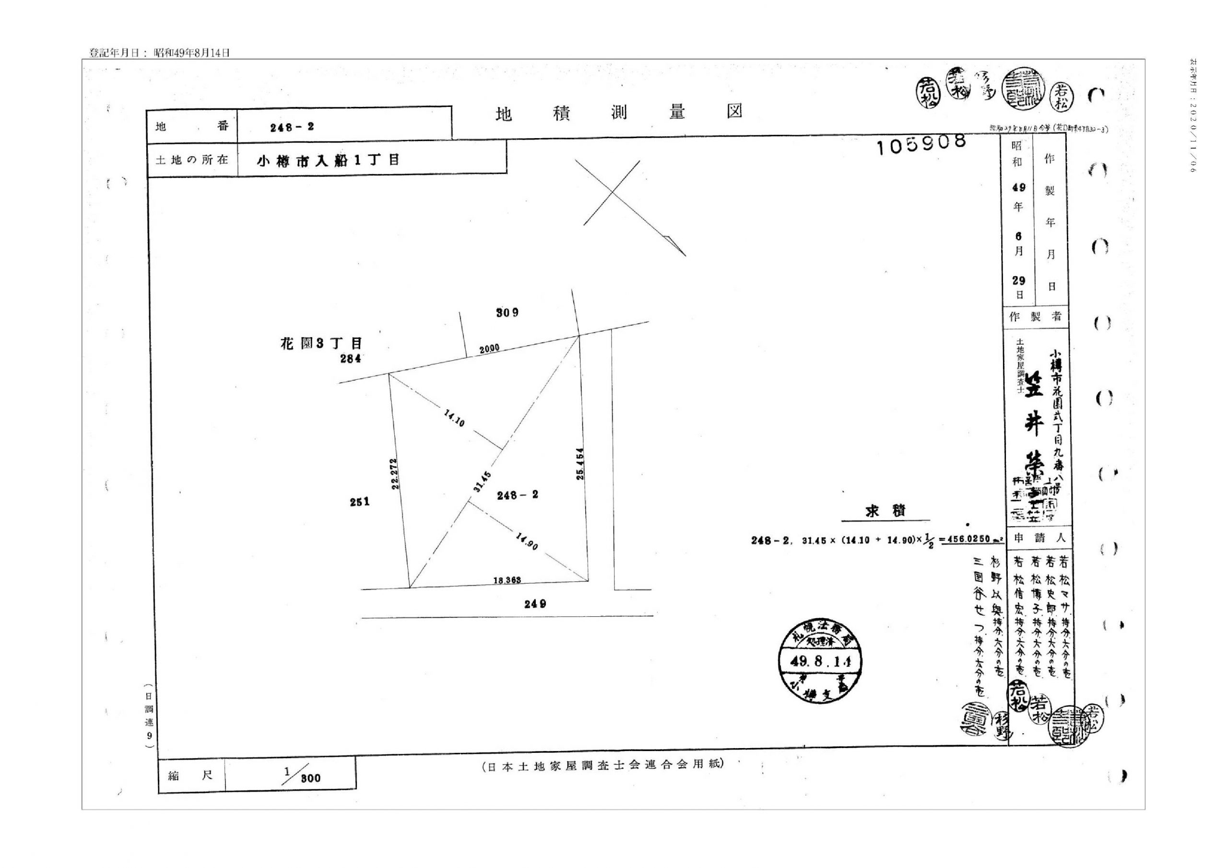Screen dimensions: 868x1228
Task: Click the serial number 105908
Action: tap(921, 143)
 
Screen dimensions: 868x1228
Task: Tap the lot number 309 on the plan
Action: tap(507, 312)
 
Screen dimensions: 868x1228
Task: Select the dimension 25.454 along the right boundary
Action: tap(580, 463)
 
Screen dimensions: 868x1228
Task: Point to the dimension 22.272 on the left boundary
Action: tap(395, 473)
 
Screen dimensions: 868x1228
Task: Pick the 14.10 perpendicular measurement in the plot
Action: tap(454, 417)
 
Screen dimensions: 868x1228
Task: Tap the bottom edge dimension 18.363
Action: tap(507, 580)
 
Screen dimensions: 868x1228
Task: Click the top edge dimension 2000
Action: tap(489, 349)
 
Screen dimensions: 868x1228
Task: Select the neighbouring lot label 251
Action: tap(359, 502)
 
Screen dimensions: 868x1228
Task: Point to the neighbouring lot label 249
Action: tap(535, 604)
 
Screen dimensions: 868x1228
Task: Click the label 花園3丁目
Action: tap(321, 343)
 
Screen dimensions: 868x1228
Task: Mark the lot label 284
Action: tap(351, 359)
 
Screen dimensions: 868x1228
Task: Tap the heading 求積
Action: tap(885, 511)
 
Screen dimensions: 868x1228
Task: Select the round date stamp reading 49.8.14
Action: tap(820, 663)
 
